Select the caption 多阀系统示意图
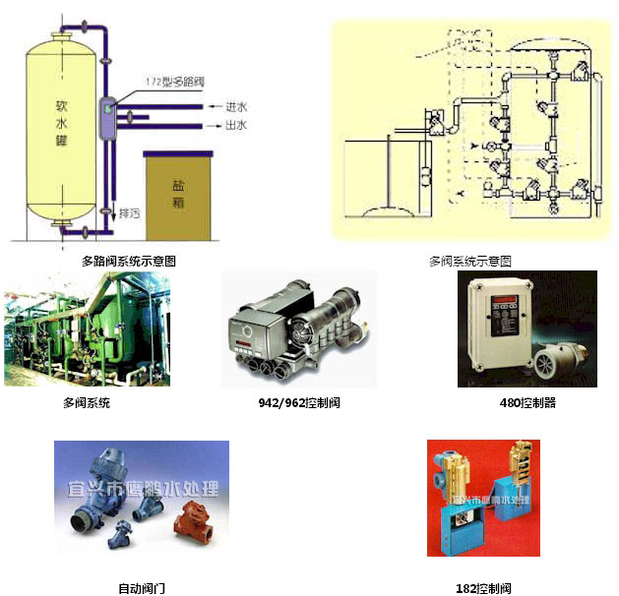(470, 262)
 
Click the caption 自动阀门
(137, 588)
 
